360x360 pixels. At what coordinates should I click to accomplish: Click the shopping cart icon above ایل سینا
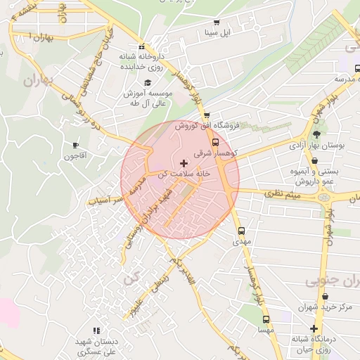[x=216, y=22]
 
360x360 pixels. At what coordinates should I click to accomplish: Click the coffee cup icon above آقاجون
[x=75, y=145]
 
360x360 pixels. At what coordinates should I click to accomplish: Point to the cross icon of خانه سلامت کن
[x=184, y=162]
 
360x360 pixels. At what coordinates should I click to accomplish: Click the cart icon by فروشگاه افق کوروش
[x=206, y=115]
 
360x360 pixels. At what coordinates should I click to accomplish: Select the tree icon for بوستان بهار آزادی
[x=316, y=134]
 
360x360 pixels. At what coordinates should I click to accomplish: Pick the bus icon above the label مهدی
[x=241, y=230]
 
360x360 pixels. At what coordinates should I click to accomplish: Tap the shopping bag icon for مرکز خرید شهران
[x=314, y=296]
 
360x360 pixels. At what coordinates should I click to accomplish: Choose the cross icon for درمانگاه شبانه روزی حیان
[x=314, y=328]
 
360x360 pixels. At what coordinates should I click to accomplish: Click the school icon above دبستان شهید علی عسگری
[x=96, y=330]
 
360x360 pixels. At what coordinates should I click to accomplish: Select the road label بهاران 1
[x=43, y=36]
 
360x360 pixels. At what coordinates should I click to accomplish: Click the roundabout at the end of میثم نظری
[x=324, y=198]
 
